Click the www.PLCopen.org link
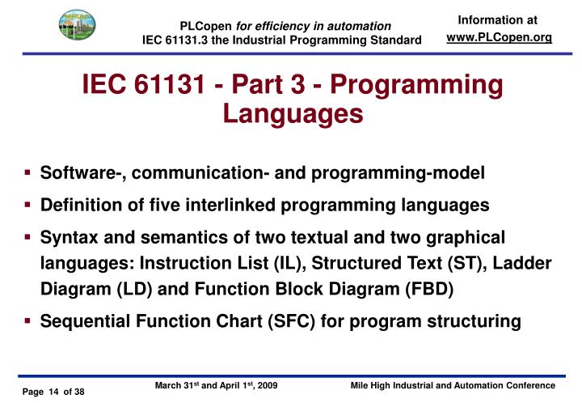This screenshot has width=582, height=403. pyautogui.click(x=499, y=39)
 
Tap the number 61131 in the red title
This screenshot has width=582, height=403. pyautogui.click(x=172, y=86)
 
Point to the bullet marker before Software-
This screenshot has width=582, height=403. pyautogui.click(x=27, y=172)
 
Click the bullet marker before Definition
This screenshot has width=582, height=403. pyautogui.click(x=27, y=206)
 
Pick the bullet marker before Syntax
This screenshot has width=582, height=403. pyautogui.click(x=27, y=237)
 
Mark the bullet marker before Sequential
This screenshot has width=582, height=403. pyautogui.click(x=27, y=321)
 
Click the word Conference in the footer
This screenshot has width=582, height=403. pyautogui.click(x=529, y=387)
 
